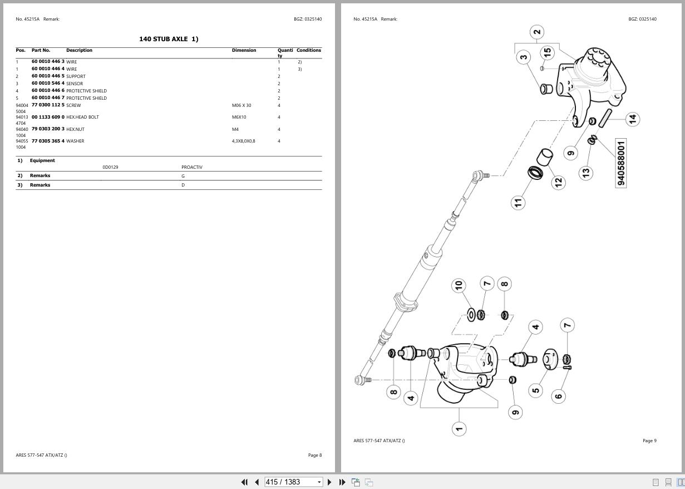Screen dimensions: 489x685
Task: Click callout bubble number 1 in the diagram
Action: coord(459,428)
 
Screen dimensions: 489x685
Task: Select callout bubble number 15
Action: coord(547,52)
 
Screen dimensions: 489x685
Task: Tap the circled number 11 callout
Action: coord(518,202)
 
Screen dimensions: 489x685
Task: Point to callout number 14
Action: coord(632,119)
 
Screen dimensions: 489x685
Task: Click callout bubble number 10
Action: coord(459,286)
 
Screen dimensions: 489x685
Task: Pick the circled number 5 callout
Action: coord(535,389)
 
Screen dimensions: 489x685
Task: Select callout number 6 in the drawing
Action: coord(558,396)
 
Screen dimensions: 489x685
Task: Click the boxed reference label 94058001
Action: coord(621,163)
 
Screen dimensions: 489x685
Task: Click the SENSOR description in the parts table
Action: coord(75,84)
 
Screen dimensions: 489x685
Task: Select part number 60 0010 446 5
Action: coord(48,76)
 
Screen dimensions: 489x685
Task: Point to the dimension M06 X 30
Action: coord(242,105)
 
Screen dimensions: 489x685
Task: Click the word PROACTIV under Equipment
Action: coord(192,167)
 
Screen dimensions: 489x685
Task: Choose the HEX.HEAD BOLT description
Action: coord(82,118)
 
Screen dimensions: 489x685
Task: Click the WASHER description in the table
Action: coord(75,141)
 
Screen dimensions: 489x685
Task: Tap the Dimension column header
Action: coord(244,51)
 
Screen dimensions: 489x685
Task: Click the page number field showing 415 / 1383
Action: coord(290,482)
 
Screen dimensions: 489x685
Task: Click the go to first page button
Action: coord(244,482)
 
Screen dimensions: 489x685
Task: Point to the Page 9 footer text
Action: coord(649,441)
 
